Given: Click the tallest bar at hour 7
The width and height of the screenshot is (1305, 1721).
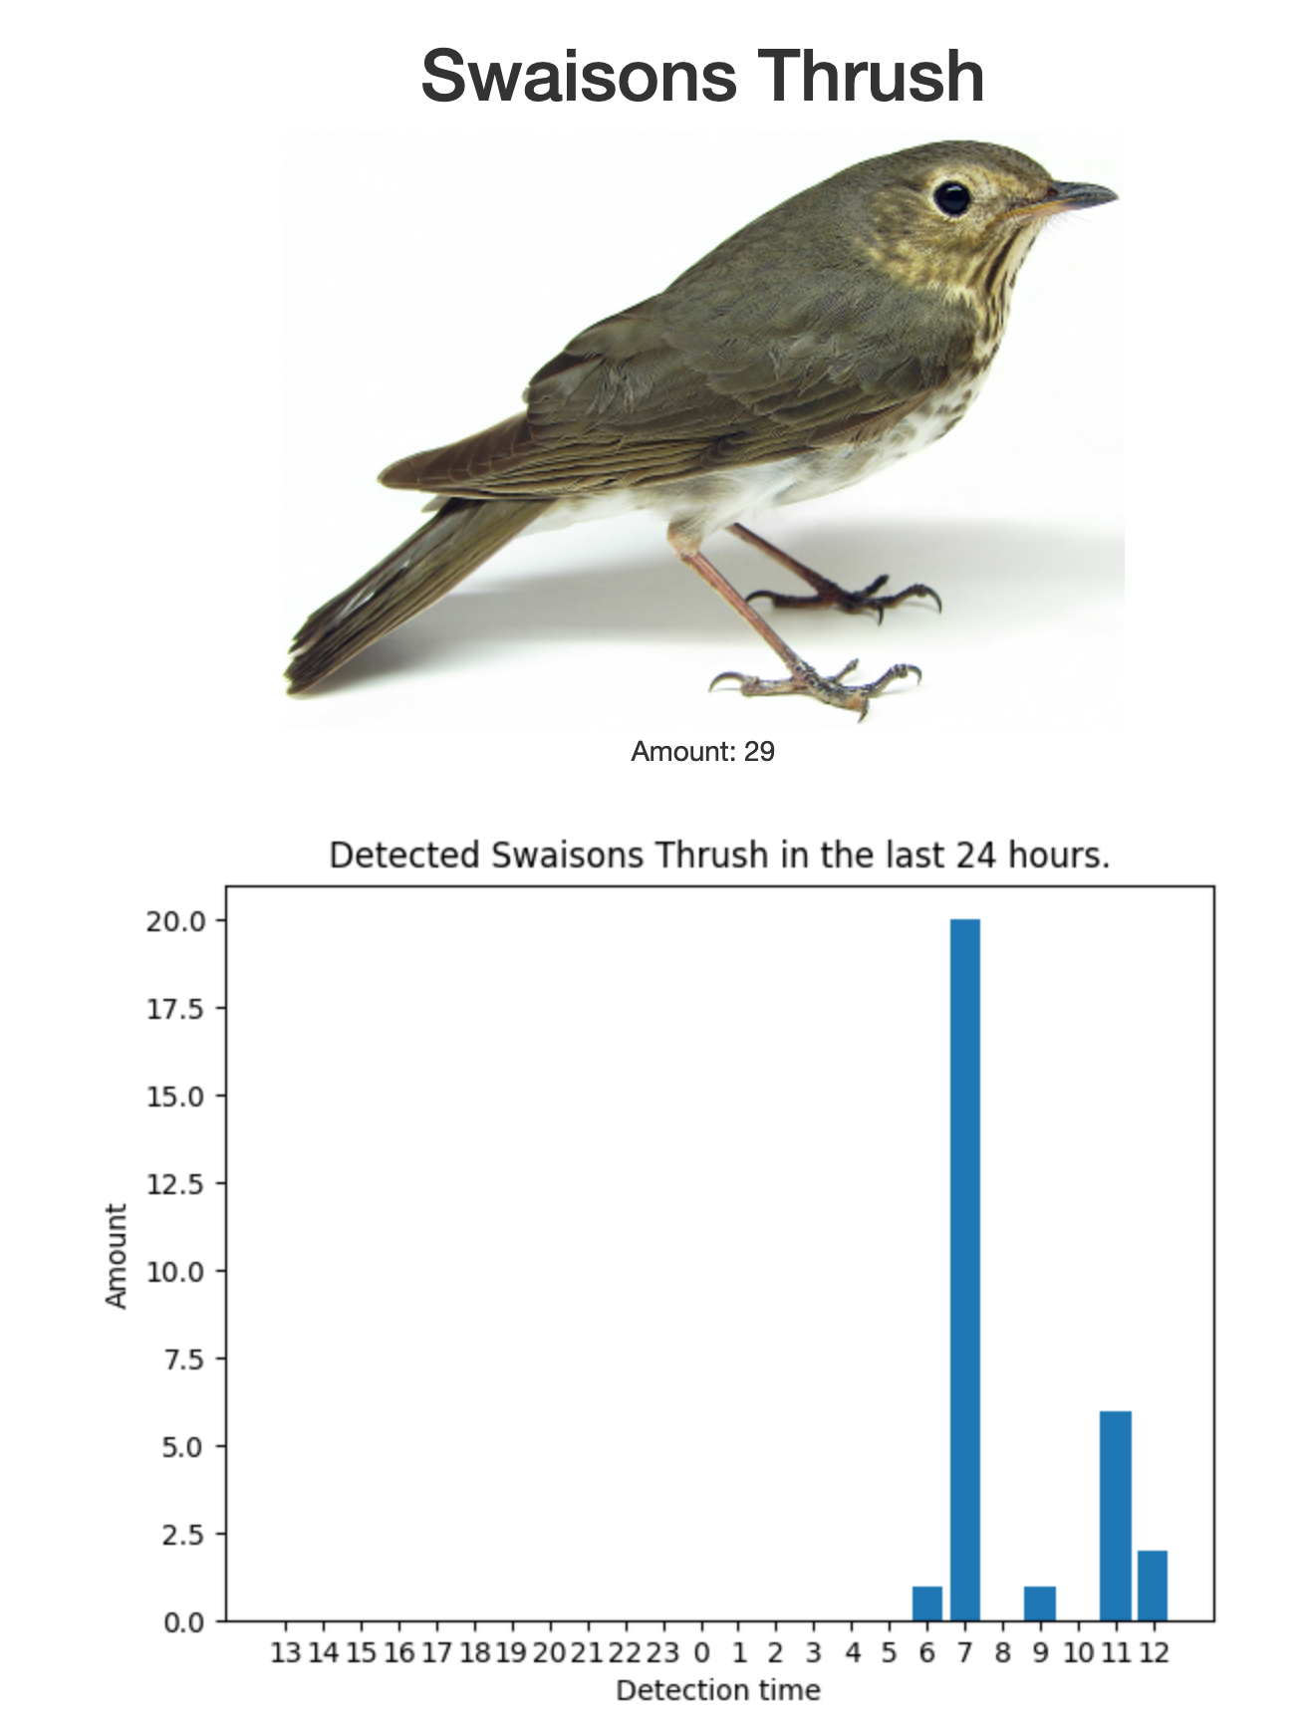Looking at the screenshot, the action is pos(964,1270).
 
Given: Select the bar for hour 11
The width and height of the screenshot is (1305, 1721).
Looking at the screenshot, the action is pos(1116,1516).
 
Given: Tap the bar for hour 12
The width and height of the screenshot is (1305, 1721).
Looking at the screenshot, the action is pos(1153,1586).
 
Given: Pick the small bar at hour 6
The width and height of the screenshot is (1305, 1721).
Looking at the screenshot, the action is pos(927,1603).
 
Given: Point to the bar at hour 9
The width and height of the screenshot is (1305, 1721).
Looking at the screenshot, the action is pos(1040,1603).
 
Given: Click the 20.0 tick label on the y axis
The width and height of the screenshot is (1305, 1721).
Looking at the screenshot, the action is pos(176,921).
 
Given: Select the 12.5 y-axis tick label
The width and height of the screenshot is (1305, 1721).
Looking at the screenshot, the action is pos(176,1184).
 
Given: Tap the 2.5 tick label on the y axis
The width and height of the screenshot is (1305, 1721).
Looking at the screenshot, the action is pos(184,1535).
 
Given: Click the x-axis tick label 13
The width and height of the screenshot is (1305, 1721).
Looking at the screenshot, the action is pos(286,1653).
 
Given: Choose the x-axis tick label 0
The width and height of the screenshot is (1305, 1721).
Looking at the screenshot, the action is pos(701,1653).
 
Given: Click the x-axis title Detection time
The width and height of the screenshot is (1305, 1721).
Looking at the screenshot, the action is pos(718,1690).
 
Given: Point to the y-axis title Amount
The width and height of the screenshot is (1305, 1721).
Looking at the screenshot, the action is pos(117,1256).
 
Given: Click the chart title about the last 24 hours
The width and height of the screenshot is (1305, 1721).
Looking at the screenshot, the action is pos(719,856).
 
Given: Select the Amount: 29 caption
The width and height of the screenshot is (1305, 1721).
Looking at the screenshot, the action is pos(702,751).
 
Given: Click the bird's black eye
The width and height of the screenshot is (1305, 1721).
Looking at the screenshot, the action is pos(951,196).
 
